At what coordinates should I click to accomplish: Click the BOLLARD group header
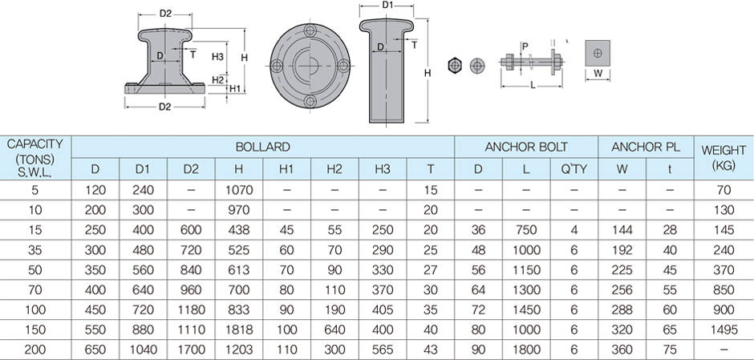click(263, 148)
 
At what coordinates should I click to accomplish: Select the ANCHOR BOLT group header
click(526, 148)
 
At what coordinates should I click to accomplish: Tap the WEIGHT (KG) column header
click(724, 157)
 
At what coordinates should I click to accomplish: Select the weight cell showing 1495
click(724, 329)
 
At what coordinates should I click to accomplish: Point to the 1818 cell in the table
click(239, 329)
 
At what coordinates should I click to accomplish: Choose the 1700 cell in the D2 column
click(191, 349)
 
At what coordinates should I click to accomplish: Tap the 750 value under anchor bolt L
click(526, 229)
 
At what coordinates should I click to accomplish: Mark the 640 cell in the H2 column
click(334, 329)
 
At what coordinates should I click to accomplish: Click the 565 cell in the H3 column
click(383, 349)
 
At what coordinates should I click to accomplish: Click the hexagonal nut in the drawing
click(455, 64)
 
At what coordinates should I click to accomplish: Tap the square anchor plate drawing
click(598, 52)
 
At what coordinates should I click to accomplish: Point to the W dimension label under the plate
click(598, 75)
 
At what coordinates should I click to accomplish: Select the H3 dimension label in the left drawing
click(217, 57)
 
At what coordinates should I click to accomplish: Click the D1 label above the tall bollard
click(387, 6)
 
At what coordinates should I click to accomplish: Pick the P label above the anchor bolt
click(525, 47)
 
